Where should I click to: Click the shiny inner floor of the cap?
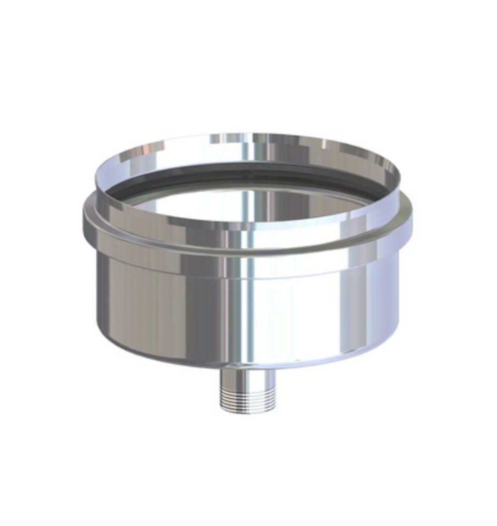click(247, 203)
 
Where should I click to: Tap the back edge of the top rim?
click(247, 136)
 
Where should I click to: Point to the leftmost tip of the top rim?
click(95, 176)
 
